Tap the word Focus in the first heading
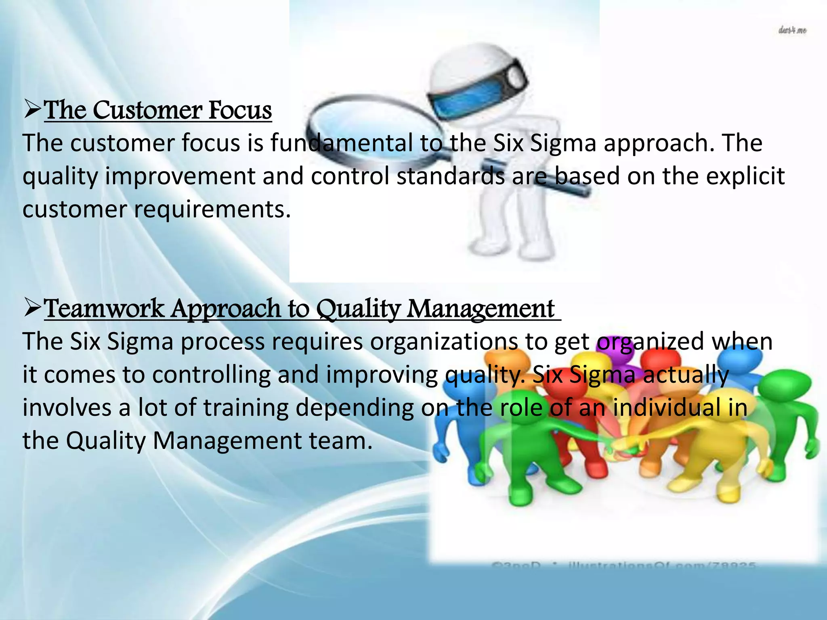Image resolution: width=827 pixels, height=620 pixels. point(240,110)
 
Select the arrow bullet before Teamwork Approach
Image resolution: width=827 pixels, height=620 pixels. point(32,308)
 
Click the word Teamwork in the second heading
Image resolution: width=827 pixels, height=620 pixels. point(104,309)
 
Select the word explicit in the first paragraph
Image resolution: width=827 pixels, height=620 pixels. point(745,177)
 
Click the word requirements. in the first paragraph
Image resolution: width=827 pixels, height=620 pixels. point(212,210)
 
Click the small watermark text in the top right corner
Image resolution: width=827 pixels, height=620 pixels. point(792,31)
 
